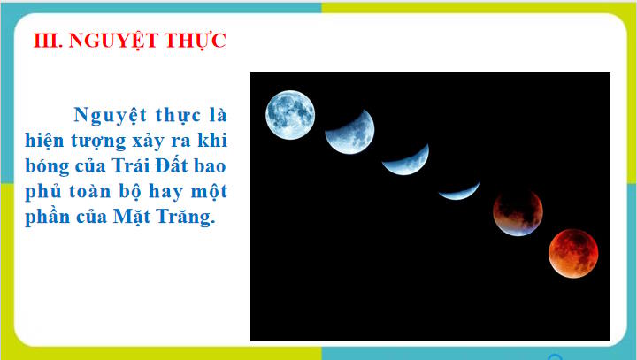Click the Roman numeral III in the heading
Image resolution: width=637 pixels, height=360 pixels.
[x=42, y=41]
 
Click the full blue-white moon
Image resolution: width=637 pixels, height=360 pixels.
[x=291, y=114]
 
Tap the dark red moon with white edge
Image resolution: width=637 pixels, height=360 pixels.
[x=518, y=212]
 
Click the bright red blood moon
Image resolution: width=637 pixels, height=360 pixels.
[x=573, y=253]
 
